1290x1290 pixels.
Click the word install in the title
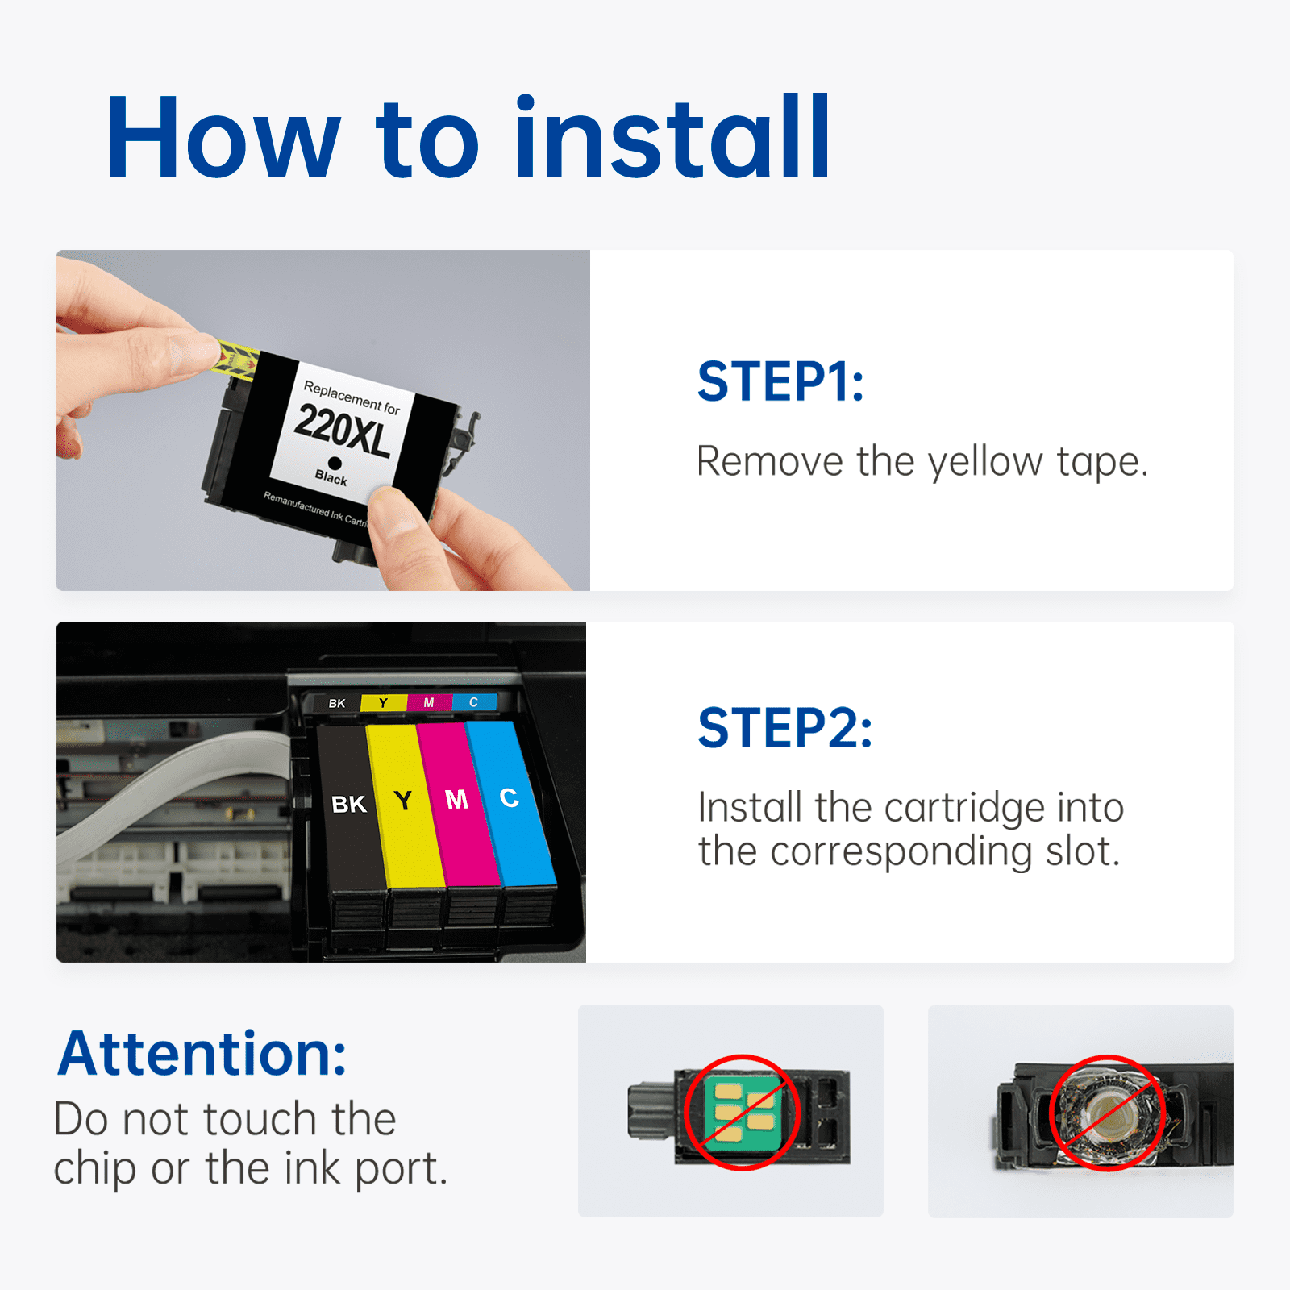click(x=672, y=136)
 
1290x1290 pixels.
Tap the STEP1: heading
click(x=780, y=381)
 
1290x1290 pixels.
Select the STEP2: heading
click(x=784, y=728)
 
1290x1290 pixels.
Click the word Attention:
click(x=202, y=1054)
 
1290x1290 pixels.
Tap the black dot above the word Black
click(x=335, y=463)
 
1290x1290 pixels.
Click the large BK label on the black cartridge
click(x=349, y=804)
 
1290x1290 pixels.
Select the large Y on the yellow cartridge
click(x=403, y=801)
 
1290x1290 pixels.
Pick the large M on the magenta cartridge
click(x=456, y=799)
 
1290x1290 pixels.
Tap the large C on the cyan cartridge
click(x=509, y=797)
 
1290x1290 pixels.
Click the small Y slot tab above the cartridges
click(x=383, y=703)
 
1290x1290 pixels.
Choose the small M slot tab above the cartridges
click(x=429, y=702)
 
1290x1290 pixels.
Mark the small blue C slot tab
click(x=474, y=701)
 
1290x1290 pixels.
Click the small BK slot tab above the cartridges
click(x=337, y=704)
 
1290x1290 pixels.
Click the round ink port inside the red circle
click(x=1106, y=1113)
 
